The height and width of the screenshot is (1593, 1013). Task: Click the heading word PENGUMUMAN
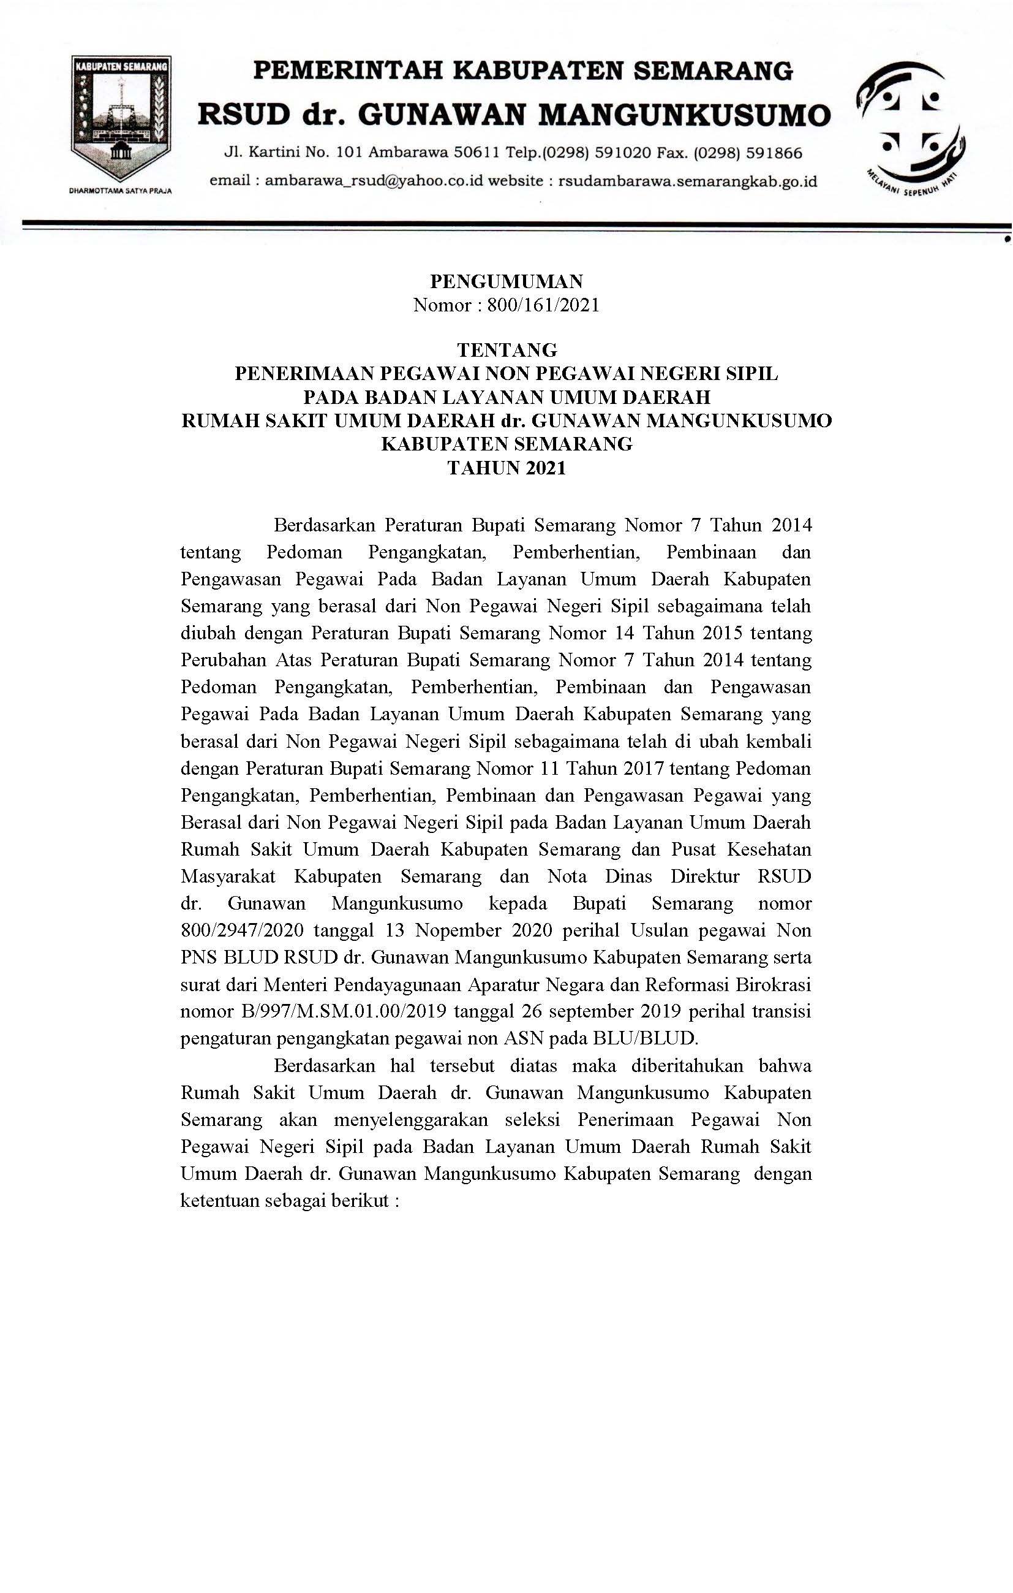click(506, 282)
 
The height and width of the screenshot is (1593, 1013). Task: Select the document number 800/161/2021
click(543, 305)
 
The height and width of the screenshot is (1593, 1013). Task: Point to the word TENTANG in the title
click(506, 350)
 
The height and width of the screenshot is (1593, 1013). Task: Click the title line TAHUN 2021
click(506, 468)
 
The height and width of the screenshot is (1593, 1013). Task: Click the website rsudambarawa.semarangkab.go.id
click(688, 181)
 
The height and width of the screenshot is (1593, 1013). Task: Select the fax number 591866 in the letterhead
click(774, 153)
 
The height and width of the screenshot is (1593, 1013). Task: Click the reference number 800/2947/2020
click(242, 931)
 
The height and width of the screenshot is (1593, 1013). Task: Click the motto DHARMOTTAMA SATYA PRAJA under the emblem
click(121, 191)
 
